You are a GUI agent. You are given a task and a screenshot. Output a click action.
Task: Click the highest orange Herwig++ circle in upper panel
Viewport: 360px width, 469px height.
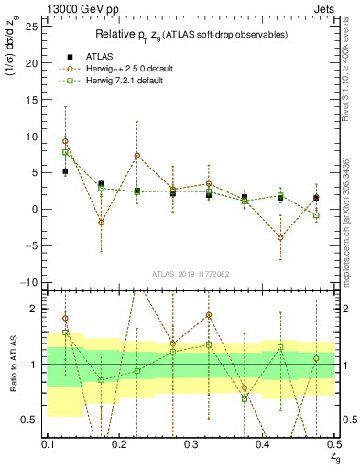tap(65, 141)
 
